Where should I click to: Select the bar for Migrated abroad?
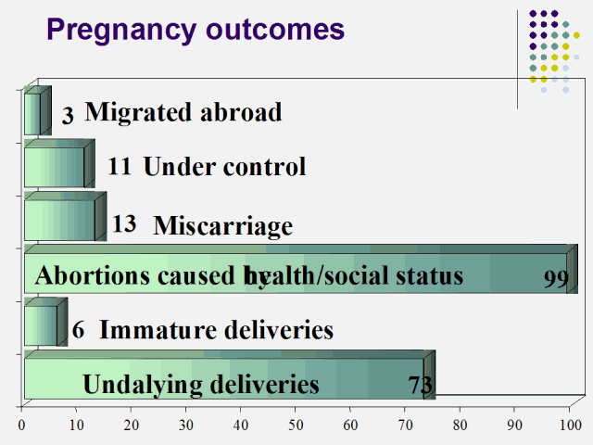(32, 113)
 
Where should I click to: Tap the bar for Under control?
(56, 167)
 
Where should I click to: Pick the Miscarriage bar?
(60, 220)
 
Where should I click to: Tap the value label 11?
(120, 167)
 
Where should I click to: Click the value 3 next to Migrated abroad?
(68, 116)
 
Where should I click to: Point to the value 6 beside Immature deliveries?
(79, 330)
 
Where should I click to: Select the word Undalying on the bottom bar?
(136, 384)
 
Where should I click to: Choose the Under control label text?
(224, 167)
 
